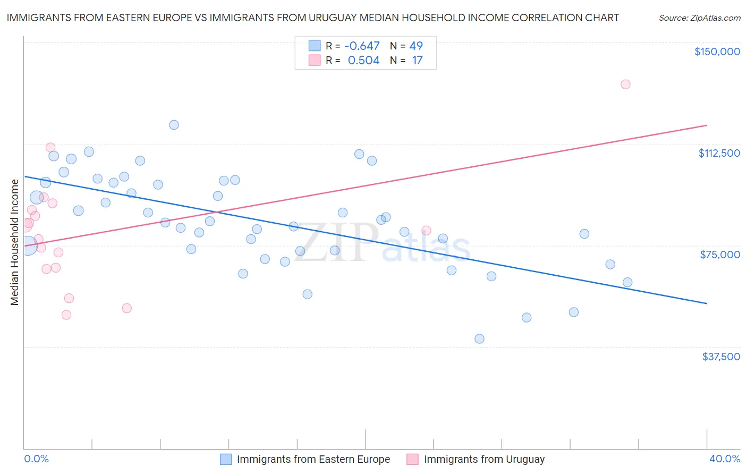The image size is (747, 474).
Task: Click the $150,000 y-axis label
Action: (717, 52)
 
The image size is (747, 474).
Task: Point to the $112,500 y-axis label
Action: (719, 153)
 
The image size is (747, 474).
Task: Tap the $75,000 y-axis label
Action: (720, 255)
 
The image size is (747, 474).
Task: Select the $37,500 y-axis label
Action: (721, 356)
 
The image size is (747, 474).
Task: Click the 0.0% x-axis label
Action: (36, 459)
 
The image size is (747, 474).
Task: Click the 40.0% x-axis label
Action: (724, 459)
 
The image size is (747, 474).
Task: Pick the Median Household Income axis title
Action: (15, 242)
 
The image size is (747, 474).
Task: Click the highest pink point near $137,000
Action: (625, 84)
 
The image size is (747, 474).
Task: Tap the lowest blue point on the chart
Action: (479, 338)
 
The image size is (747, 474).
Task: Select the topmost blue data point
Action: (174, 125)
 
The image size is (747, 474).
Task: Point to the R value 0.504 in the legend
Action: (363, 61)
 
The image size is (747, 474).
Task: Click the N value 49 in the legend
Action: (416, 46)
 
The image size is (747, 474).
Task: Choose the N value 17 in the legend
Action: (417, 61)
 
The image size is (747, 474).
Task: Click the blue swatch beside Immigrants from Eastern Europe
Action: (226, 459)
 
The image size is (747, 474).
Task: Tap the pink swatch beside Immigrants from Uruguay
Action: (412, 459)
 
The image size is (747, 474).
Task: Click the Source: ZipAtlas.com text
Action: (699, 18)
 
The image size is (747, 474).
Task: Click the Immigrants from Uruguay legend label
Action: (484, 459)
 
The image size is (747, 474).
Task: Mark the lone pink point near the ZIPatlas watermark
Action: (426, 231)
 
